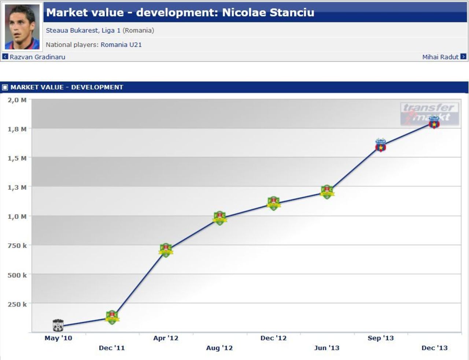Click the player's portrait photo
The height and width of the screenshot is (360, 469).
(22, 27)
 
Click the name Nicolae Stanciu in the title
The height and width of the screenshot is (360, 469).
(268, 12)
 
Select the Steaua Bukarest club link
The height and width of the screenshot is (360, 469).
(72, 30)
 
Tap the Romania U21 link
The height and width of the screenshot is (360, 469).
(121, 45)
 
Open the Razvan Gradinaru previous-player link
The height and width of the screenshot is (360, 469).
(37, 57)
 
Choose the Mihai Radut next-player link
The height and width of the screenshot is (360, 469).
(440, 57)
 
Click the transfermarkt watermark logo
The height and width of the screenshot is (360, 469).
(430, 114)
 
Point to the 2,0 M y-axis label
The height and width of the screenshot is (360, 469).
(17, 100)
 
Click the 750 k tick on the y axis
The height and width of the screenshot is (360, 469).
(17, 245)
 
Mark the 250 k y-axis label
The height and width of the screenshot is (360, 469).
(17, 304)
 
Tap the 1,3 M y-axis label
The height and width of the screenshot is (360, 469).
(17, 187)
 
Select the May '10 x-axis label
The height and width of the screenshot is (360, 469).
(58, 338)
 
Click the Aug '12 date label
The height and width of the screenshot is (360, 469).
(219, 348)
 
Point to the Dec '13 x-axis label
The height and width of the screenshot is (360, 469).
(435, 348)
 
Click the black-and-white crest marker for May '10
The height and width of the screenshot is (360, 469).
(58, 325)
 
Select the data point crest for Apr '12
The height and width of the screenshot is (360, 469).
(166, 250)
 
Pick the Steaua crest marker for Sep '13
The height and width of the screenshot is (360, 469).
(381, 145)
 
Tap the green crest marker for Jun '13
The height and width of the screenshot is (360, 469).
(327, 192)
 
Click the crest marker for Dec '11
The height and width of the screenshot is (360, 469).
(112, 317)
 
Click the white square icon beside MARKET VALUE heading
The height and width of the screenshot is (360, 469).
(5, 88)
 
